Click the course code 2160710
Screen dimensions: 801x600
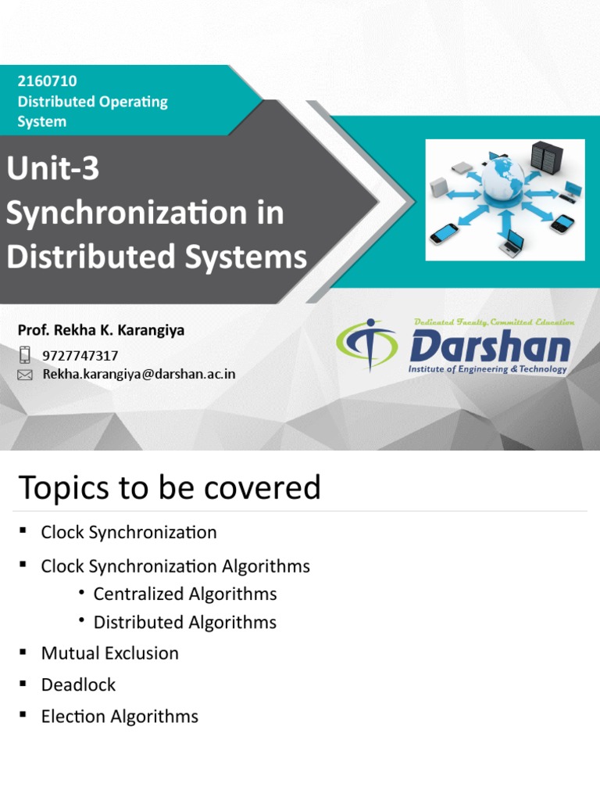click(47, 81)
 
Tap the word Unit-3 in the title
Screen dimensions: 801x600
click(53, 169)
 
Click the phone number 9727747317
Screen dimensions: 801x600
click(80, 356)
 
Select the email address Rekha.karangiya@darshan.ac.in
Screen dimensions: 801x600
click(138, 374)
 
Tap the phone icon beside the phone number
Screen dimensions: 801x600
click(25, 355)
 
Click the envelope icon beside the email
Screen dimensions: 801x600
click(25, 375)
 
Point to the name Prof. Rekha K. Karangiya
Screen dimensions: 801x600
click(101, 330)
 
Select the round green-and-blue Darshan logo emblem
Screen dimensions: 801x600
click(366, 345)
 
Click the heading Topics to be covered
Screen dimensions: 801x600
click(169, 487)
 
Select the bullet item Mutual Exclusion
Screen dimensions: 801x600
click(109, 652)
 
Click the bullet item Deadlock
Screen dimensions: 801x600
click(78, 684)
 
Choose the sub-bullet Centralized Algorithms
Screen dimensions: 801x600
click(184, 594)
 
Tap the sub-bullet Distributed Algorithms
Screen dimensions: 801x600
click(184, 622)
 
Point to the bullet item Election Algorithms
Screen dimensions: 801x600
click(120, 716)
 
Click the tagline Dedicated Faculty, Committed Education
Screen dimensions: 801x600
click(495, 321)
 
